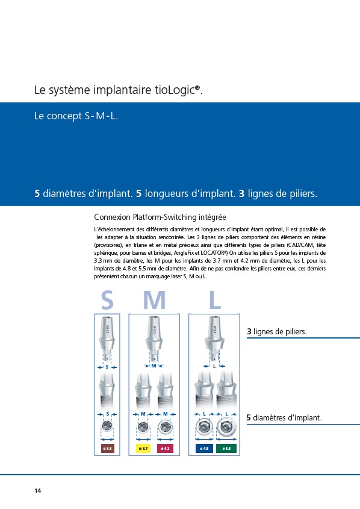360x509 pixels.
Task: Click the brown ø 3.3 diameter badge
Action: (x=107, y=448)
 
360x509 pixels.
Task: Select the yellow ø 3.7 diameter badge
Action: (x=143, y=448)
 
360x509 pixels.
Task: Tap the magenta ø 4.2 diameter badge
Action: (x=165, y=448)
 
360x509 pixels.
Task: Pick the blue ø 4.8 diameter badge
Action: (x=204, y=448)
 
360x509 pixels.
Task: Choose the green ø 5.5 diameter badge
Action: (x=226, y=448)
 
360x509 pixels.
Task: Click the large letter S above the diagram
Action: (x=107, y=300)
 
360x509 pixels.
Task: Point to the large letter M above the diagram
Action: (x=154, y=300)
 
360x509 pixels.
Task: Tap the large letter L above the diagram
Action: (x=215, y=300)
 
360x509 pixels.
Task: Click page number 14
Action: (x=38, y=490)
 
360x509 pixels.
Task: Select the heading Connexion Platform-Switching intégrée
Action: (x=160, y=217)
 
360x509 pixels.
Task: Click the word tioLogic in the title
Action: (x=176, y=90)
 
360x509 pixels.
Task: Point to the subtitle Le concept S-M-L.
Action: (x=76, y=116)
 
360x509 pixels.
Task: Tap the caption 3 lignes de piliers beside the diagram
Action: (x=277, y=331)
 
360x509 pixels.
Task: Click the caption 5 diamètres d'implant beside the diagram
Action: (x=284, y=417)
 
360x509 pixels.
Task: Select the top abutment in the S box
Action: (x=107, y=339)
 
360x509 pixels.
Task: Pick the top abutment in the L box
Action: (x=214, y=339)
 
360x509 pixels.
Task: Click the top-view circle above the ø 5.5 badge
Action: (x=226, y=427)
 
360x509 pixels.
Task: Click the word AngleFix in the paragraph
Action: (x=184, y=253)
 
